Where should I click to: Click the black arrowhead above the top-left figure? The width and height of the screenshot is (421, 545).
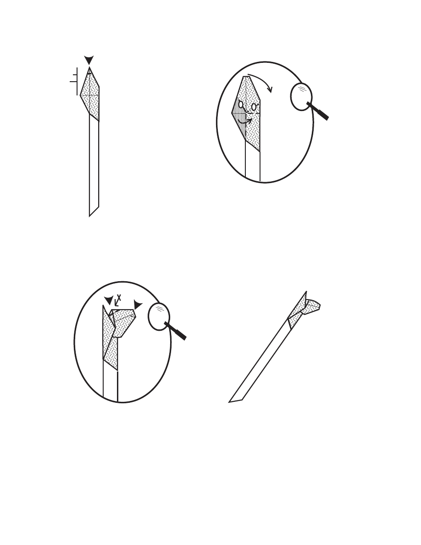pos(89,60)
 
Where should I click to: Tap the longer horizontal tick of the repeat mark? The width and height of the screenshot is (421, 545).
pos(73,82)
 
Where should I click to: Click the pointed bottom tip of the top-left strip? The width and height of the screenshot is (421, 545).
pos(89,216)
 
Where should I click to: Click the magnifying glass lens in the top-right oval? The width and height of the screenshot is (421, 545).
pos(301,97)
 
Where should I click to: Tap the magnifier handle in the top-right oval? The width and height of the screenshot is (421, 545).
pos(318,111)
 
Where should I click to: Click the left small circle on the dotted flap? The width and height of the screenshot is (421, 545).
pos(241,104)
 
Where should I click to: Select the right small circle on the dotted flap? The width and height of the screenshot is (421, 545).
pos(254,107)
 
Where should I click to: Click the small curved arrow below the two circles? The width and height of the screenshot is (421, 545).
pos(245,122)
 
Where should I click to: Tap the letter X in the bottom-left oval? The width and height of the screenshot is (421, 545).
pos(119,298)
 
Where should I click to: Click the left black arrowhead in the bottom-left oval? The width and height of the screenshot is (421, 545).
pos(109,300)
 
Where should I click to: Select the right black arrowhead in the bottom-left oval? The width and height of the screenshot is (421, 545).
pos(138,305)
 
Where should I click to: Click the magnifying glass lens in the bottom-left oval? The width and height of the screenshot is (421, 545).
pos(159,317)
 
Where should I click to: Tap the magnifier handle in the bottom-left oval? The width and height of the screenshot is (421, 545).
pos(175,331)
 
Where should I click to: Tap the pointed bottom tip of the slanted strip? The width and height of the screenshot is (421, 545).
pos(229,402)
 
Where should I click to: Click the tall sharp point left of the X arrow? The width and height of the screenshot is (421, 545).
pos(103,306)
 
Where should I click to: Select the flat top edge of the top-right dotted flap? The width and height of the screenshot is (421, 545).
pos(246,77)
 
